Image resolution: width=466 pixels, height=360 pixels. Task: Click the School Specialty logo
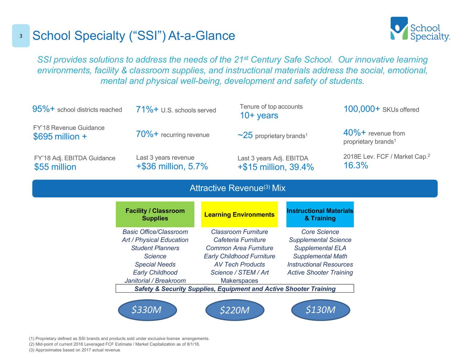click(420, 29)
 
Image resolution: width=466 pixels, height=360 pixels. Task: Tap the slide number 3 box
click(21, 36)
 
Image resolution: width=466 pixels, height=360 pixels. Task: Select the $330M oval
click(147, 310)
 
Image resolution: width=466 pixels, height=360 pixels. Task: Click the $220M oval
click(235, 310)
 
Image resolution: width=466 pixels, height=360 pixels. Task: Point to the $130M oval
click(321, 310)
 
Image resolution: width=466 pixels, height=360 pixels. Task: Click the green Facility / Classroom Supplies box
click(155, 214)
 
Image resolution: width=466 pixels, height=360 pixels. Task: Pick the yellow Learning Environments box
click(239, 214)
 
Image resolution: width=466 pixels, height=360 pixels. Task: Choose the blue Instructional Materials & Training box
click(320, 214)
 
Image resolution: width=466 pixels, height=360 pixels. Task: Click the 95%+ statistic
click(44, 109)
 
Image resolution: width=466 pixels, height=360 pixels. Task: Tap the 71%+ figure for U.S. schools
click(147, 110)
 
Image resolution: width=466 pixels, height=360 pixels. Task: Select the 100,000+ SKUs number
click(362, 109)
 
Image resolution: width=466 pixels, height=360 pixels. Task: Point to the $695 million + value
click(60, 137)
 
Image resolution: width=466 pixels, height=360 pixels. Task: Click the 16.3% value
click(356, 166)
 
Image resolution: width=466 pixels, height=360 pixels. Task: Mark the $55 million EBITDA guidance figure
click(55, 167)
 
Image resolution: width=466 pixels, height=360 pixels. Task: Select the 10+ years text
click(259, 116)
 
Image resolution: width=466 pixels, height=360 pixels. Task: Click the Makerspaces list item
click(239, 281)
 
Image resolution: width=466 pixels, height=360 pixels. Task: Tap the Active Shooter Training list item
click(320, 273)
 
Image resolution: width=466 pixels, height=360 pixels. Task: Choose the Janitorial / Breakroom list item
click(155, 281)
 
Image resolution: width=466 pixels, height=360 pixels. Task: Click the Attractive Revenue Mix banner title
click(237, 188)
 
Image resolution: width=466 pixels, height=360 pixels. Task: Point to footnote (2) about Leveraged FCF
click(114, 344)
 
